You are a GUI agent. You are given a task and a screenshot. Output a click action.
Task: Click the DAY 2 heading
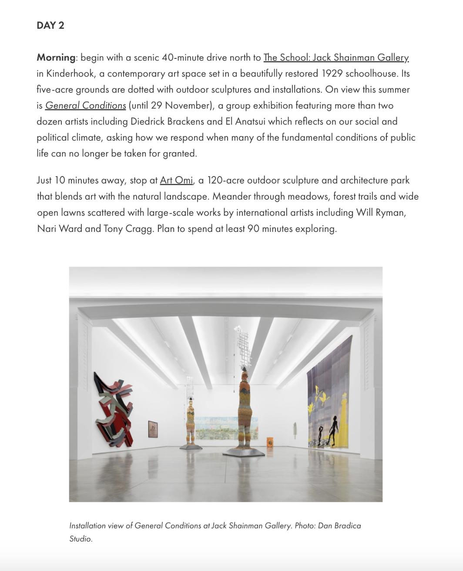pos(50,25)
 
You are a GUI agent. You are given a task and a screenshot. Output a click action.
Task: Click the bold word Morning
pos(56,58)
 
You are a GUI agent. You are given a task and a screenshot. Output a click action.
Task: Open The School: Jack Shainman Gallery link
pos(336,58)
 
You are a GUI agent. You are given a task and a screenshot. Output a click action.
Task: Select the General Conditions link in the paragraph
pos(85,105)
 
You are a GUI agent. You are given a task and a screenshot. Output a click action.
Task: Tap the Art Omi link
pos(176,180)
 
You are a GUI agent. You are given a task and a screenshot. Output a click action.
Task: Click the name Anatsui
pos(251,122)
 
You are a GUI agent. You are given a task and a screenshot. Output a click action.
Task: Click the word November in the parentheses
pos(187,105)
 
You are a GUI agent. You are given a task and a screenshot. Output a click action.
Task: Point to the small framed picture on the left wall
pos(153,428)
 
